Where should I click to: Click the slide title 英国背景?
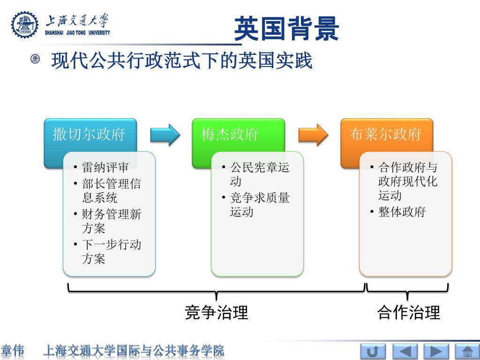click(x=286, y=29)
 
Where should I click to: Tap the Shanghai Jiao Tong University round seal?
click(x=25, y=25)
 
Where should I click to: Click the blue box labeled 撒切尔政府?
click(x=89, y=135)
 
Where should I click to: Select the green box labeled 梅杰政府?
click(x=230, y=135)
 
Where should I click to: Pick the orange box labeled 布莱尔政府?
click(x=385, y=135)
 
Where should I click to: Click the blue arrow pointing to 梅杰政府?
click(x=165, y=135)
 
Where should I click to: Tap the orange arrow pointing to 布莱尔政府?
click(x=313, y=135)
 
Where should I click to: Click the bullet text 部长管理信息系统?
click(x=111, y=191)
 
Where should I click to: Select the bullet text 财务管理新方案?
click(x=111, y=221)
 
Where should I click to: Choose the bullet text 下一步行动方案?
click(x=111, y=252)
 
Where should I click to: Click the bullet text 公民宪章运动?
click(x=259, y=174)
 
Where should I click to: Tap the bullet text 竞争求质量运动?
click(x=259, y=205)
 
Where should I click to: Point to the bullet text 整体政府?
click(x=402, y=212)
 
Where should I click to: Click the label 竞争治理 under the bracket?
click(x=216, y=312)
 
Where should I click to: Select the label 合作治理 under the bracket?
click(x=408, y=312)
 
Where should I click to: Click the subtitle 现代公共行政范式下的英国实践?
click(x=181, y=61)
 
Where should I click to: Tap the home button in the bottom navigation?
click(x=467, y=352)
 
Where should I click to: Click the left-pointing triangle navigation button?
click(x=405, y=352)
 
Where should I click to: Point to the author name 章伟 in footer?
click(x=13, y=351)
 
